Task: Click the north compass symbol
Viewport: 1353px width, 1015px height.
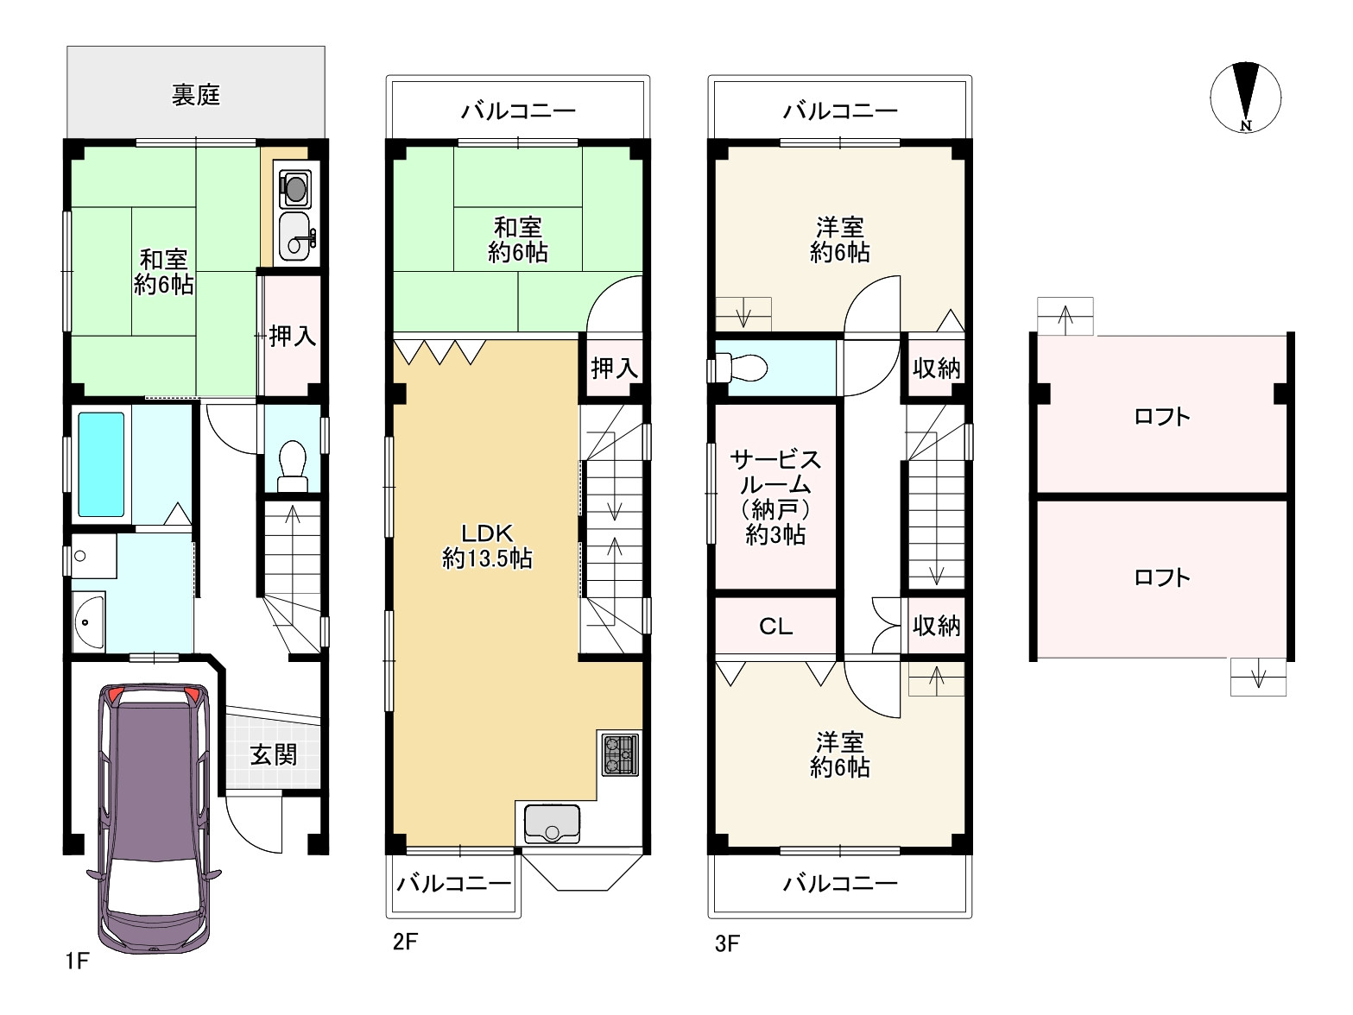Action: point(1245,97)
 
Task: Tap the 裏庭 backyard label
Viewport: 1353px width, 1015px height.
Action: point(196,95)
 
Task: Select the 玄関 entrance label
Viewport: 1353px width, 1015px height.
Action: point(274,755)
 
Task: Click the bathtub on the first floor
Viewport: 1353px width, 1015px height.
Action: point(101,463)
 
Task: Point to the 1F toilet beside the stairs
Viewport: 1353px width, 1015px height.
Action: point(293,462)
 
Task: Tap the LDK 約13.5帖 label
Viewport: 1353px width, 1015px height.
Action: point(487,546)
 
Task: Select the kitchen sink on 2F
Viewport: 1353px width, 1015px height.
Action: point(551,823)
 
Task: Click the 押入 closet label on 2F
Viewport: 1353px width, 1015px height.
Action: point(614,369)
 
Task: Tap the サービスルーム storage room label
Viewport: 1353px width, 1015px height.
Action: point(775,496)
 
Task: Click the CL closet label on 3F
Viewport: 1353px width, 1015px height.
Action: point(775,626)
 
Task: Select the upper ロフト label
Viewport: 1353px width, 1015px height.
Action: point(1161,417)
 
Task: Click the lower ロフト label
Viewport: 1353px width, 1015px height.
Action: point(1161,577)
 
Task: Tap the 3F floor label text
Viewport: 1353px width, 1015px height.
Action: point(727,942)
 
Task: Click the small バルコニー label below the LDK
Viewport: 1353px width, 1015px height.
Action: point(454,884)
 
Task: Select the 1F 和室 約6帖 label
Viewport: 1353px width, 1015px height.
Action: point(163,272)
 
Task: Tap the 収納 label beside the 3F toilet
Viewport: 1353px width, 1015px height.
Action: point(937,369)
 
